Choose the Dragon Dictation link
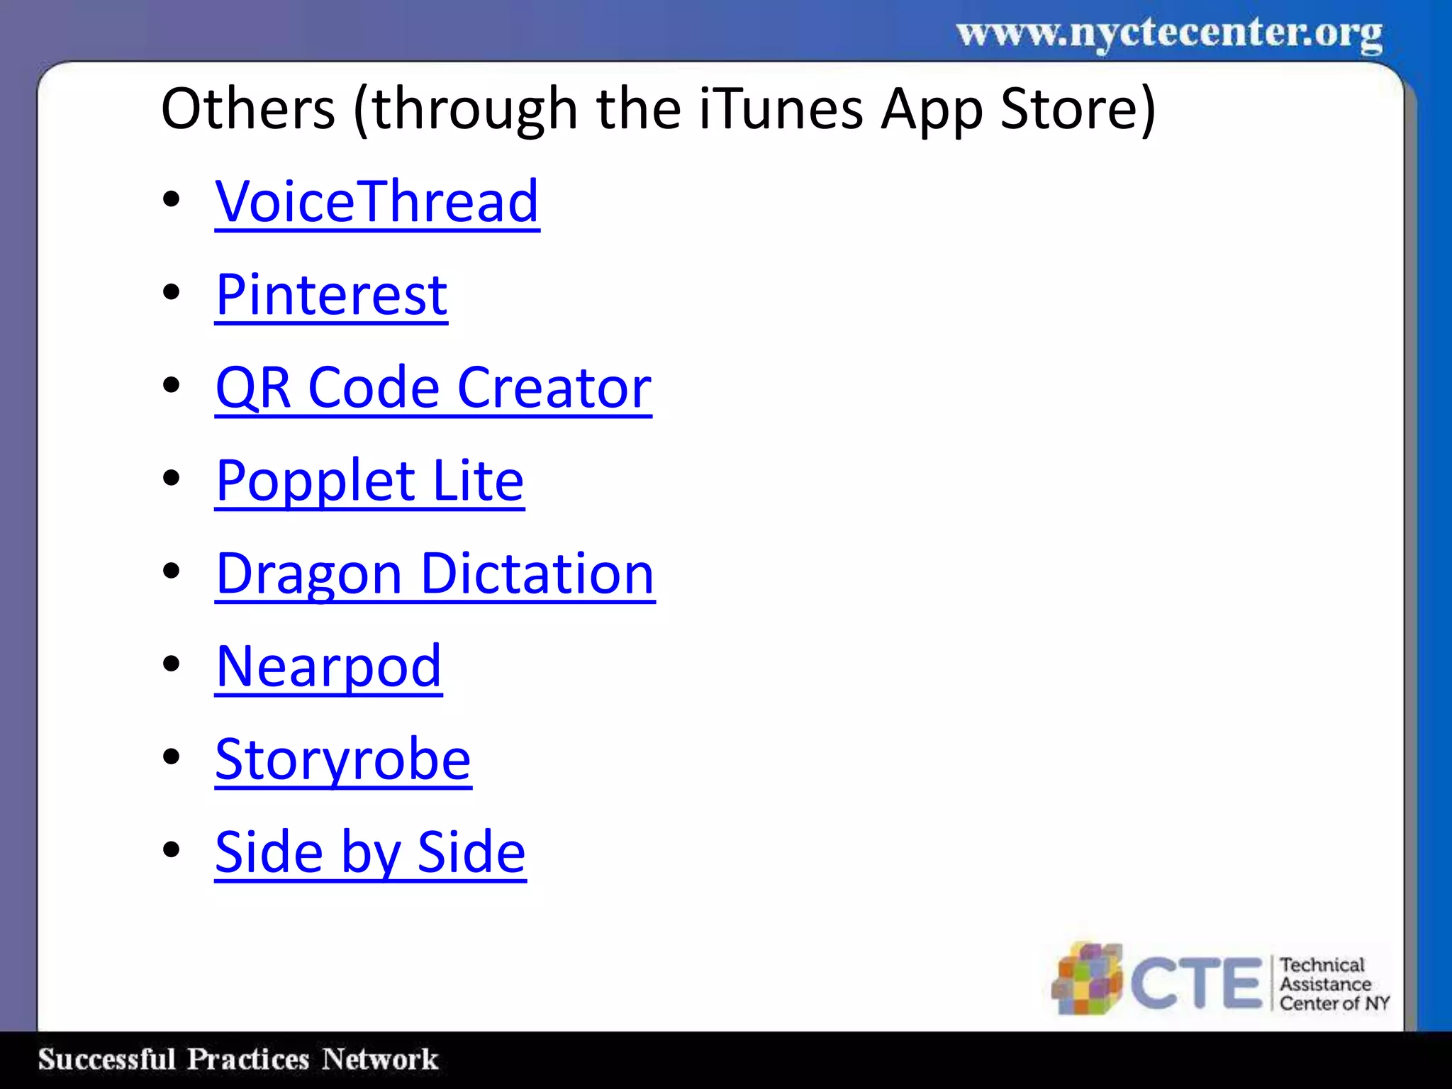click(435, 574)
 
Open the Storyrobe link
click(343, 759)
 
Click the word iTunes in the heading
click(781, 109)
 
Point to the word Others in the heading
click(248, 109)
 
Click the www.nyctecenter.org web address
click(1169, 33)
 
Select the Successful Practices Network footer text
click(238, 1059)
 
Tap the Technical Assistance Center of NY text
click(1333, 984)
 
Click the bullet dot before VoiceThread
click(171, 200)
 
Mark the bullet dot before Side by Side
click(171, 850)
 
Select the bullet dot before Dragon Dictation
click(171, 571)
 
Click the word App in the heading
click(932, 111)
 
